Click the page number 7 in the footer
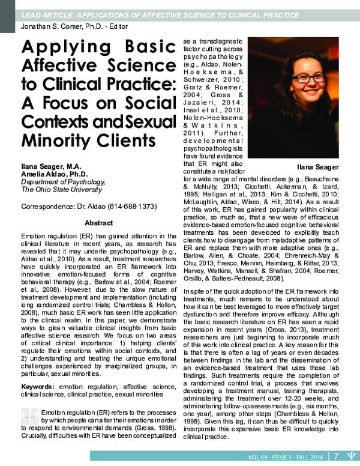click(x=337, y=457)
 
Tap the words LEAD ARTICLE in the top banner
click(x=48, y=14)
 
